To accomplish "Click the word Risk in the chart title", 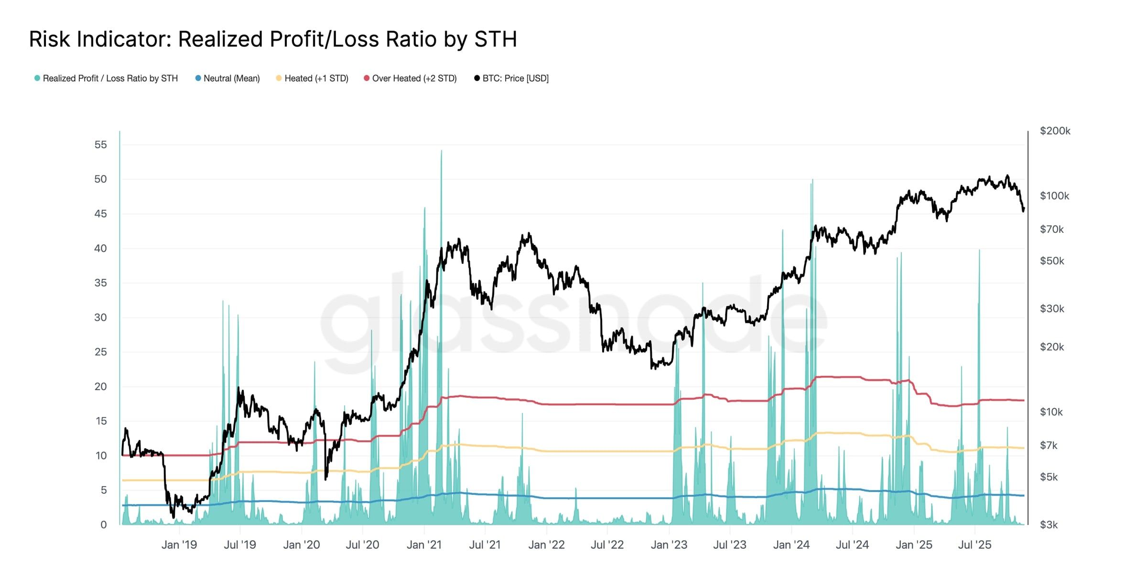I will click(x=50, y=39).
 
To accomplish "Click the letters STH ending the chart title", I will click(x=495, y=39).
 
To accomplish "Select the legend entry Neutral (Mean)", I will click(x=231, y=78).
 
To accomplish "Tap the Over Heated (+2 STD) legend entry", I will click(x=414, y=78).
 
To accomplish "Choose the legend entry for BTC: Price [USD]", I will click(x=515, y=78).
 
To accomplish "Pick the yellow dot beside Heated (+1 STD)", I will click(x=279, y=78).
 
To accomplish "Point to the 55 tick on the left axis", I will click(x=100, y=144).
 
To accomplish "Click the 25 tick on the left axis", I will click(x=100, y=352).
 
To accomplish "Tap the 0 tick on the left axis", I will click(x=103, y=524).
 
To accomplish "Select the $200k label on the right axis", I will click(x=1055, y=131).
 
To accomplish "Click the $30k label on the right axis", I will click(x=1052, y=309).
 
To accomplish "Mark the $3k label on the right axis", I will click(x=1049, y=525).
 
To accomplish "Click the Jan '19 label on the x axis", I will click(x=179, y=545).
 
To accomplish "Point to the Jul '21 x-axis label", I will click(x=485, y=545).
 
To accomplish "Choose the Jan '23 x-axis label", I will click(x=669, y=545).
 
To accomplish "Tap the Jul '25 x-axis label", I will click(x=974, y=545).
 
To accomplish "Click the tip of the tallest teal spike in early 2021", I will click(x=441, y=151).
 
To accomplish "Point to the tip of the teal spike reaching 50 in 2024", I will click(x=812, y=180).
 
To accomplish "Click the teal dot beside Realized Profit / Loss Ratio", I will click(x=37, y=78).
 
